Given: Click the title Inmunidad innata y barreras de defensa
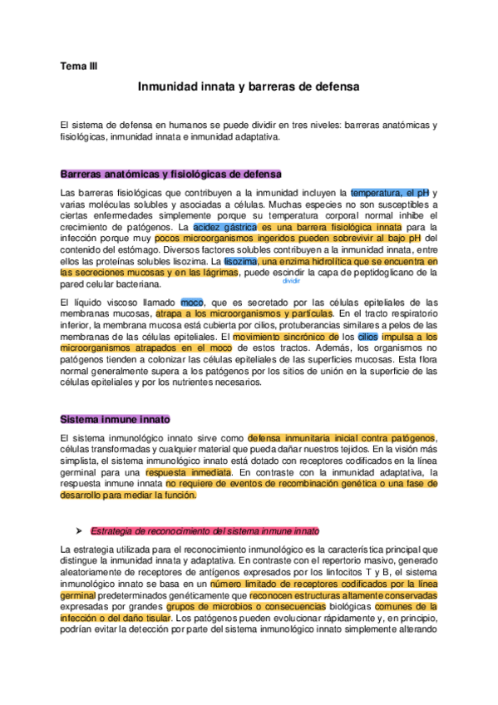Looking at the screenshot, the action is [249, 86].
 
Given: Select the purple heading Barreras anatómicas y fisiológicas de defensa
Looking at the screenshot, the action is [170, 174].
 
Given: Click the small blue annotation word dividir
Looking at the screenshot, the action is [291, 281].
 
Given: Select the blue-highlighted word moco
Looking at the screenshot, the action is [191, 302].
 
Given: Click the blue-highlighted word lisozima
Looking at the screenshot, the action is [240, 260].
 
